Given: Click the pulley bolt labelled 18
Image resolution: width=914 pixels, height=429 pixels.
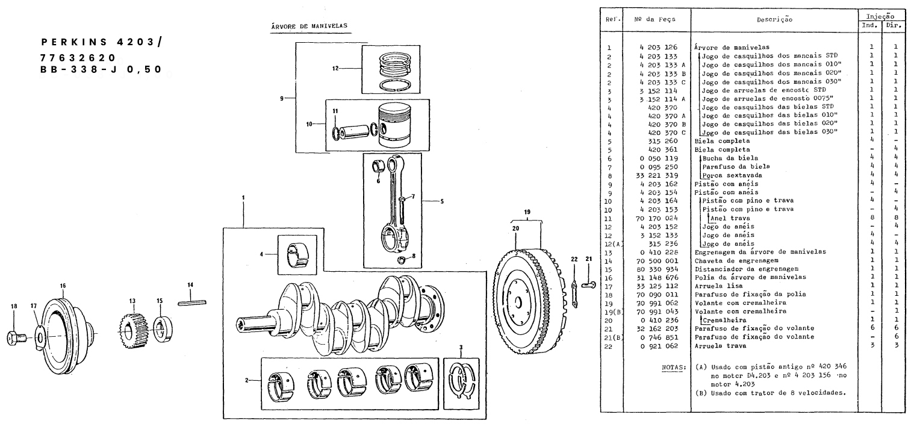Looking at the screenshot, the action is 17,337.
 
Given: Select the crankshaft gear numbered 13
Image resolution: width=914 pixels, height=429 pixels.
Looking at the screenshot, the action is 132,331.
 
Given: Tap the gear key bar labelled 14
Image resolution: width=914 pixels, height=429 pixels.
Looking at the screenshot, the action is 192,302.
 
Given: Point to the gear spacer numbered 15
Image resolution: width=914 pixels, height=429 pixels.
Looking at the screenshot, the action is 163,330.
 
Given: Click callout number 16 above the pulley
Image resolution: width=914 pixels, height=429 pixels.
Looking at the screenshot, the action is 63,286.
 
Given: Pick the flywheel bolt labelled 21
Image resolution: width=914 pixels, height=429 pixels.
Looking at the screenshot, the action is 588,284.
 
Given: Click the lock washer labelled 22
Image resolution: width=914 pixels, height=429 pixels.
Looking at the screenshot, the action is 574,294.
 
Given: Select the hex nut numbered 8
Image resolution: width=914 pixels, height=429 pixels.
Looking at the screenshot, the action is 402,260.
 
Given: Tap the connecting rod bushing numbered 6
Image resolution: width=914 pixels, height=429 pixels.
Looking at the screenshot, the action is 378,166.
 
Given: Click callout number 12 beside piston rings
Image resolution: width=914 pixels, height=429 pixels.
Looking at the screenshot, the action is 335,68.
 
